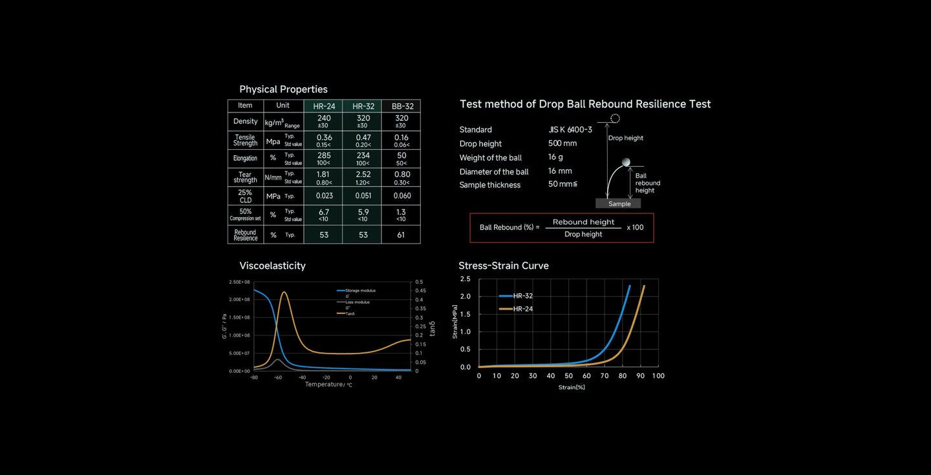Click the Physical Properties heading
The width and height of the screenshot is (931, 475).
click(283, 89)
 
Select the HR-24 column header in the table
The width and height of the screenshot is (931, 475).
click(323, 106)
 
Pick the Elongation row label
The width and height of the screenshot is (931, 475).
click(245, 158)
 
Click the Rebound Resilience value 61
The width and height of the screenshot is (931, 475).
click(401, 235)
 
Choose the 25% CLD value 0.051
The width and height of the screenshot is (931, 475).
click(363, 196)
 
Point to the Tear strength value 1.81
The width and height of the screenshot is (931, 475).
click(324, 174)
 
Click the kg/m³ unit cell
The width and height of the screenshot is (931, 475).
click(274, 122)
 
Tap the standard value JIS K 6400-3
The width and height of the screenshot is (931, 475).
click(570, 130)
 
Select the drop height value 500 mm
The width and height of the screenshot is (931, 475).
click(562, 143)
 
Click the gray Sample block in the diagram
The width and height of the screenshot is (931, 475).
click(619, 204)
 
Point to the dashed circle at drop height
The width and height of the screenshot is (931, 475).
click(615, 118)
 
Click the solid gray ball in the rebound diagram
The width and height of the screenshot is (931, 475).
click(625, 162)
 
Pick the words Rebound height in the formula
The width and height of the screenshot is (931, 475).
click(583, 222)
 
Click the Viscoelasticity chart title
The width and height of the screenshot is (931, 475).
click(272, 266)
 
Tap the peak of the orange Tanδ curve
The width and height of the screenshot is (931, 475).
click(284, 292)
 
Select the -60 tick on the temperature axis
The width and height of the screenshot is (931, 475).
click(278, 377)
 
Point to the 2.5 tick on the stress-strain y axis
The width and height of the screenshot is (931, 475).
click(465, 279)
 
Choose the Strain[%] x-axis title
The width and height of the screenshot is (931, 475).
click(572, 387)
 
